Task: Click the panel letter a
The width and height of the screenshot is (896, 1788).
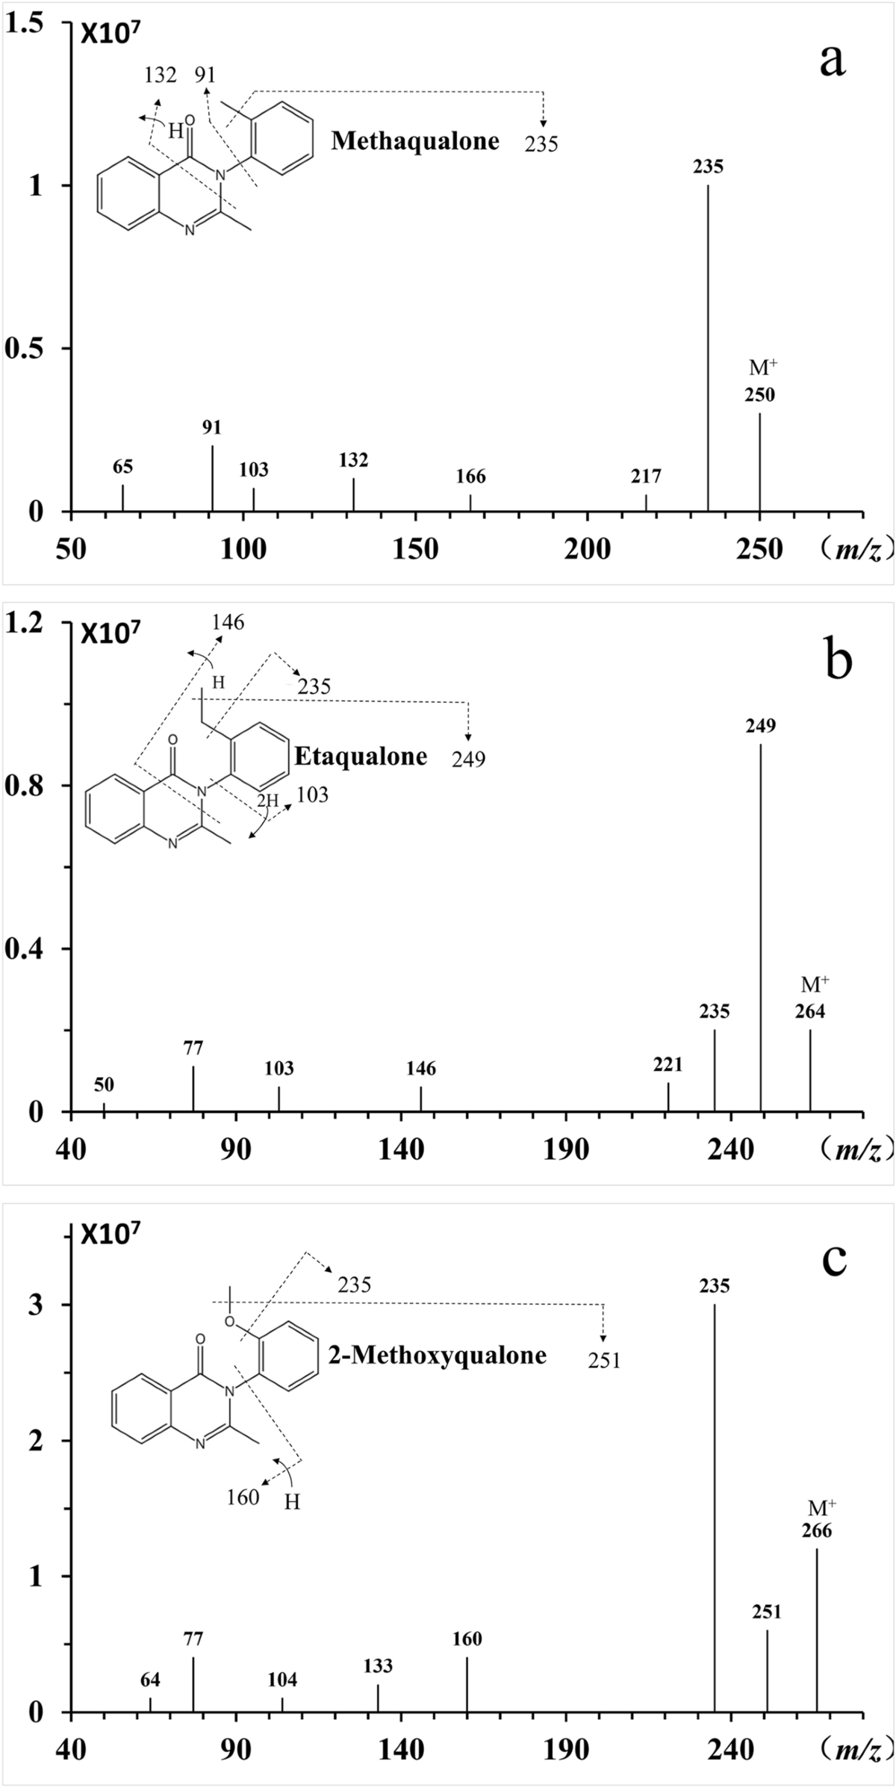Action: pyautogui.click(x=833, y=60)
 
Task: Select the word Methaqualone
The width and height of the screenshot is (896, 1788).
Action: pyautogui.click(x=415, y=140)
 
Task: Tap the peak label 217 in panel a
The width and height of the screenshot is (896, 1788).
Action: pyautogui.click(x=646, y=476)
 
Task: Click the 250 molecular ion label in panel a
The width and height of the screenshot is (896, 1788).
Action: pyautogui.click(x=759, y=395)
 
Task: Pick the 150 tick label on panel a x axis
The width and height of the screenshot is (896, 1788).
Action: pyautogui.click(x=416, y=550)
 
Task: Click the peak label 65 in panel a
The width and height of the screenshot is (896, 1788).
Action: pyautogui.click(x=123, y=467)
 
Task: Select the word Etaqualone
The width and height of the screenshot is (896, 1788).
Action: pyautogui.click(x=361, y=757)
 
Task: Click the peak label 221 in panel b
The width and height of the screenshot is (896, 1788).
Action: pyautogui.click(x=668, y=1064)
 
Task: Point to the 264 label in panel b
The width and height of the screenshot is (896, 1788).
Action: pyautogui.click(x=810, y=1011)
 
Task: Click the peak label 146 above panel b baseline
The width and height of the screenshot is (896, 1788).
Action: pyautogui.click(x=421, y=1069)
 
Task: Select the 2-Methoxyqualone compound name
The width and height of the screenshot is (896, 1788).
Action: pyautogui.click(x=438, y=1355)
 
